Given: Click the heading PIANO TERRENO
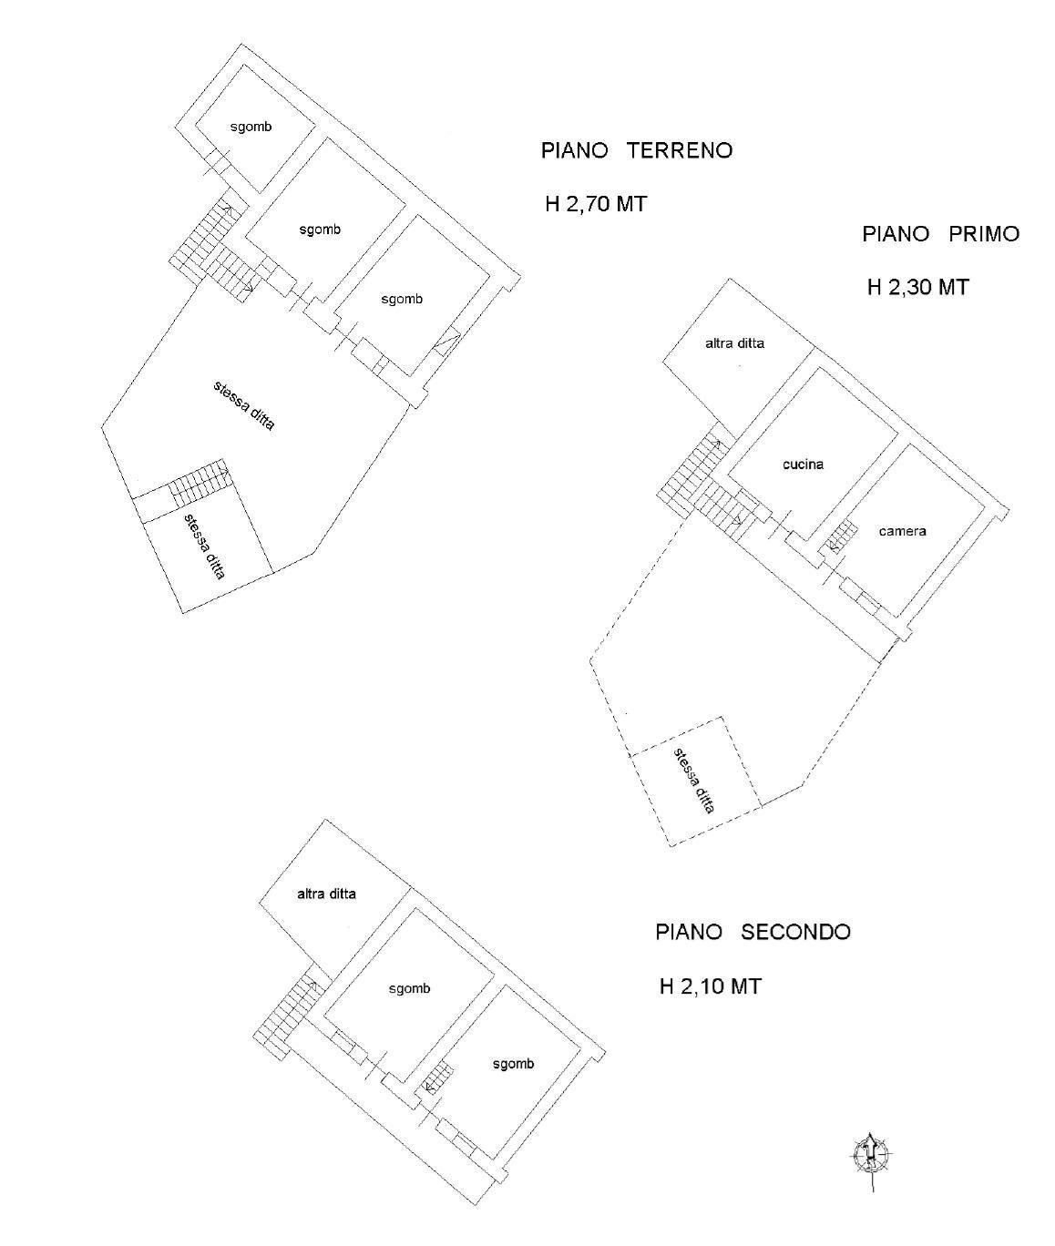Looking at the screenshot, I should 636,150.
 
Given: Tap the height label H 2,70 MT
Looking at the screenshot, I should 596,204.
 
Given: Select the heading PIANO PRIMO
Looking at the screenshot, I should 940,234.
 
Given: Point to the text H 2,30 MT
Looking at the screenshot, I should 917,287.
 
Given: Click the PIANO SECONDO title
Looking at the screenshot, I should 753,932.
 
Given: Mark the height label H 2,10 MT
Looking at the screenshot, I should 710,986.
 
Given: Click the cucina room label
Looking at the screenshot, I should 803,465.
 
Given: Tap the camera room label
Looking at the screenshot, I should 902,531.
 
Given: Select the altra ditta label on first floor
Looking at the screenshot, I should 734,344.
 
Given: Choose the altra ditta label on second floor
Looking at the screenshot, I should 326,894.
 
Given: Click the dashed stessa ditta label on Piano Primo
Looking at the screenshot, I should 694,780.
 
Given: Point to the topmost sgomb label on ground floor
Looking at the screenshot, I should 251,128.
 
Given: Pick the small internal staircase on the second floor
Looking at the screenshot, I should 438,1079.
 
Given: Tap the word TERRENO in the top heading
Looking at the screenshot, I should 680,150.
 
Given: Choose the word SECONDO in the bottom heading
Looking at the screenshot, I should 795,932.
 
